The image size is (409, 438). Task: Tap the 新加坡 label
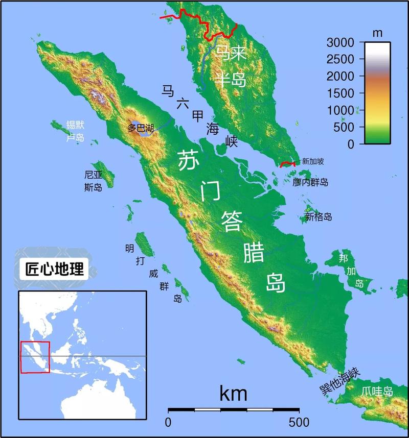(313, 161)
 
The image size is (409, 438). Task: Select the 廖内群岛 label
(310, 182)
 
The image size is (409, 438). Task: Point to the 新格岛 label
(319, 217)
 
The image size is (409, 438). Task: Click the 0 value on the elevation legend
(350, 144)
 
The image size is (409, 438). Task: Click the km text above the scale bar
(233, 394)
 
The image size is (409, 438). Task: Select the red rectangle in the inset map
(35, 357)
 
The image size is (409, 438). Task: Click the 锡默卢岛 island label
(75, 131)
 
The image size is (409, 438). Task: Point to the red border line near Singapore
(288, 164)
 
